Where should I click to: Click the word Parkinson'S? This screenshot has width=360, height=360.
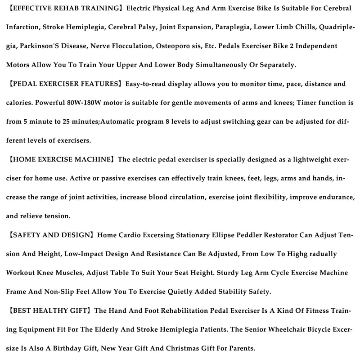tap(39, 46)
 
